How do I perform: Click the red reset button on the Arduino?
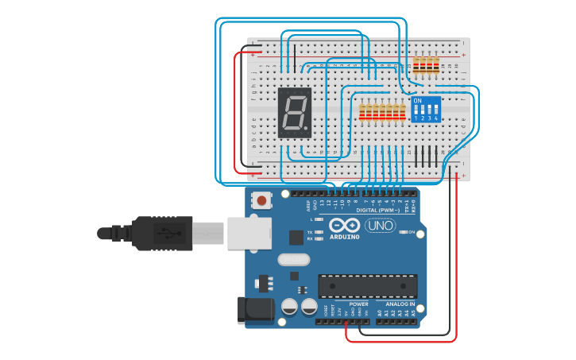(261, 201)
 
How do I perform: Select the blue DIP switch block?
(426, 109)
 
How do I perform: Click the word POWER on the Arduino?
(358, 304)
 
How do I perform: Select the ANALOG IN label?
(400, 304)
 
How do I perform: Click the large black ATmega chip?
(367, 286)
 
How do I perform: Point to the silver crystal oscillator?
(292, 259)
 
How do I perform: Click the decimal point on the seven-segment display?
(309, 130)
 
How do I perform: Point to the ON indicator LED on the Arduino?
(403, 232)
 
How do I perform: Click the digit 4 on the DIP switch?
(437, 118)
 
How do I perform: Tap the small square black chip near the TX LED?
(296, 236)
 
